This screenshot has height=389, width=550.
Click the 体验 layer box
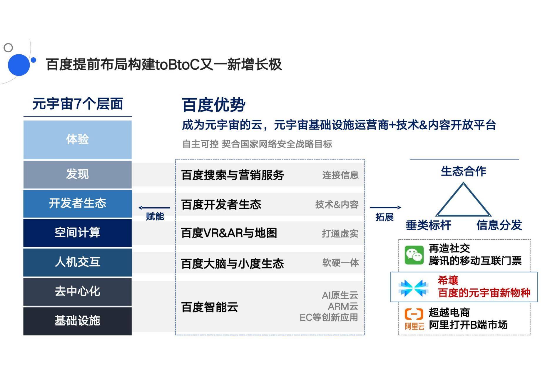tap(77, 140)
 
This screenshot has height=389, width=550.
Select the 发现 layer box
tap(77, 174)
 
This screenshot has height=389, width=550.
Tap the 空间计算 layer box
tap(77, 233)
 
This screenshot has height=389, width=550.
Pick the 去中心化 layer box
tap(77, 291)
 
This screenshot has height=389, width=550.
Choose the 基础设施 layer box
tap(77, 321)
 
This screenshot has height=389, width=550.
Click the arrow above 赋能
tap(154, 208)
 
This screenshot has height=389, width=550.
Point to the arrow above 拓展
tap(385, 208)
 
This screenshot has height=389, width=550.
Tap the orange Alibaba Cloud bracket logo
tap(414, 314)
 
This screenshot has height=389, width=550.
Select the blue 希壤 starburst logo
tap(413, 288)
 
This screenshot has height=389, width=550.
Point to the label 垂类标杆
tap(428, 225)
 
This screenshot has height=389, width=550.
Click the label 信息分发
tap(499, 225)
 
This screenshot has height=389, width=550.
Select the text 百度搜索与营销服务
tap(233, 175)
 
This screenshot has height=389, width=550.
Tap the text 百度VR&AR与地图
tap(229, 233)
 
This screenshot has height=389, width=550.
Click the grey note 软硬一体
tap(340, 263)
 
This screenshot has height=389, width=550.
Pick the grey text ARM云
tap(343, 306)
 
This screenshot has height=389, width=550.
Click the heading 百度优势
tap(214, 105)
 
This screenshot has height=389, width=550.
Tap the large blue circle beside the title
tap(19, 65)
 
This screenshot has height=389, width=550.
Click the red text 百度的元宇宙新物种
tap(484, 293)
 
